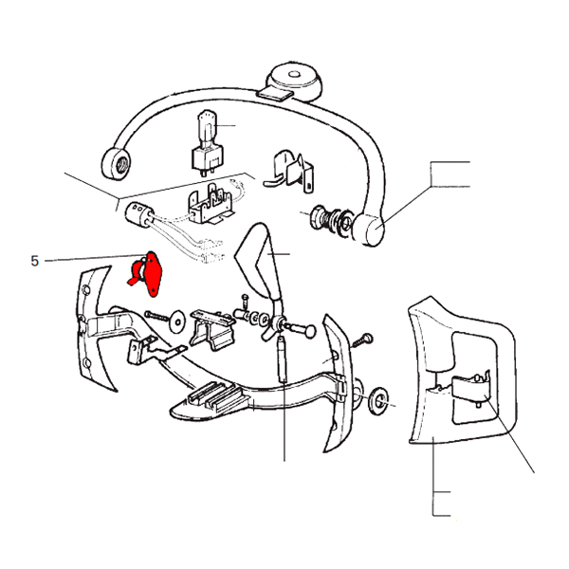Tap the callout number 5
click(34, 261)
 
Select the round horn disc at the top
click(294, 81)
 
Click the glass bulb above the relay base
click(207, 129)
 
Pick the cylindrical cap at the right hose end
click(368, 229)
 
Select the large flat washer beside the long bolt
click(177, 321)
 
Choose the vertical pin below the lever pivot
click(283, 358)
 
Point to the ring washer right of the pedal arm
click(378, 401)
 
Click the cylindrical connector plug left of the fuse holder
click(138, 215)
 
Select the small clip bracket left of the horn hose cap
click(289, 172)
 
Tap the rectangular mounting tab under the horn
click(275, 94)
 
